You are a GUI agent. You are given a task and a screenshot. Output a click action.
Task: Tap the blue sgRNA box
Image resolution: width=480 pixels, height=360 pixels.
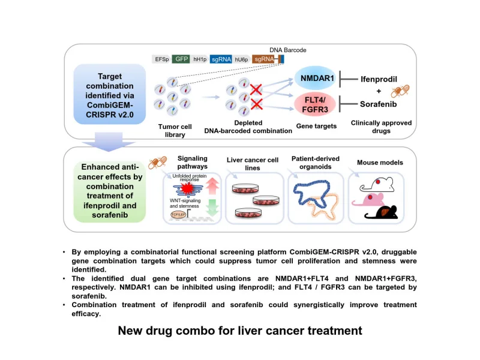(x=220, y=59)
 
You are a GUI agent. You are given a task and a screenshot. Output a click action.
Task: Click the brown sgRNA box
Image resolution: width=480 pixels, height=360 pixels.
(x=263, y=59)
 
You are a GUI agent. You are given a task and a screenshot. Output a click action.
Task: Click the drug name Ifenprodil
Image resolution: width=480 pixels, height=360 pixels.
(x=379, y=79)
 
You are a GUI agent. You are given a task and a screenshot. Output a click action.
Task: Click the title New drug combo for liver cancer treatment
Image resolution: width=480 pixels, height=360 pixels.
(x=240, y=330)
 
